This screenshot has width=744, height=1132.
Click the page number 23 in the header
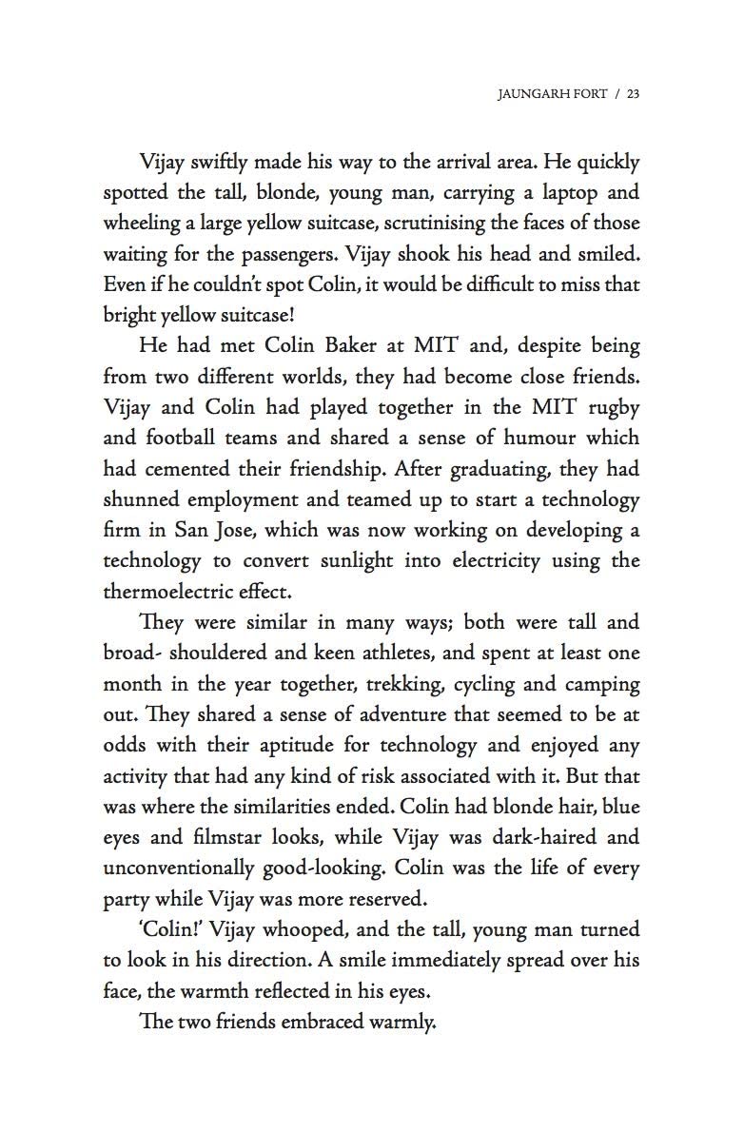coord(633,94)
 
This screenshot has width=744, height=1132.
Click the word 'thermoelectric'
coord(167,591)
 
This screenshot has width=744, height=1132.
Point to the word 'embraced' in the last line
coord(323,1022)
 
